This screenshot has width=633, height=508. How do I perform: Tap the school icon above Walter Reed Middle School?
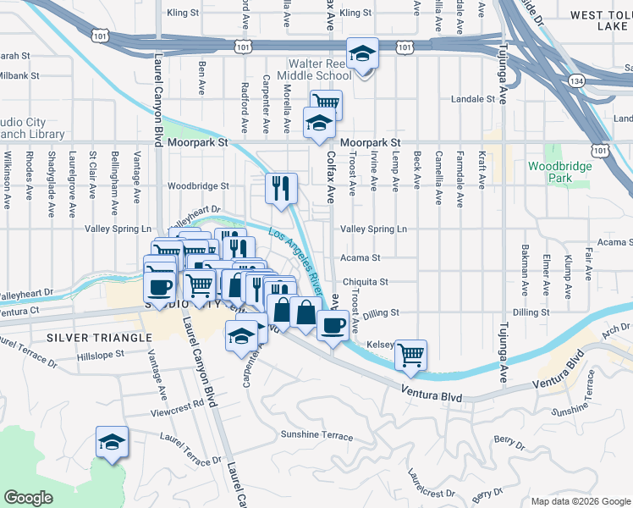coord(362,54)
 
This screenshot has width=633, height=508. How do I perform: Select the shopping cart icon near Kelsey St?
coord(410,354)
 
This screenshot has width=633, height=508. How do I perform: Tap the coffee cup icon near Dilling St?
coord(333,325)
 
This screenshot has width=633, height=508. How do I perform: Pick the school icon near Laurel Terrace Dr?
coord(112,444)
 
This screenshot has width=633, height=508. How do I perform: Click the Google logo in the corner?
coord(28,498)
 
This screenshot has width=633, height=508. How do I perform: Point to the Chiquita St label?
coord(365,282)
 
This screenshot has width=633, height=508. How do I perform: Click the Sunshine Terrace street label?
coord(316,435)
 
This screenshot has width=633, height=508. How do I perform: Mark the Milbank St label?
coord(14,75)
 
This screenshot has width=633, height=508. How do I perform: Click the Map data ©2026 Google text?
coord(579,500)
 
